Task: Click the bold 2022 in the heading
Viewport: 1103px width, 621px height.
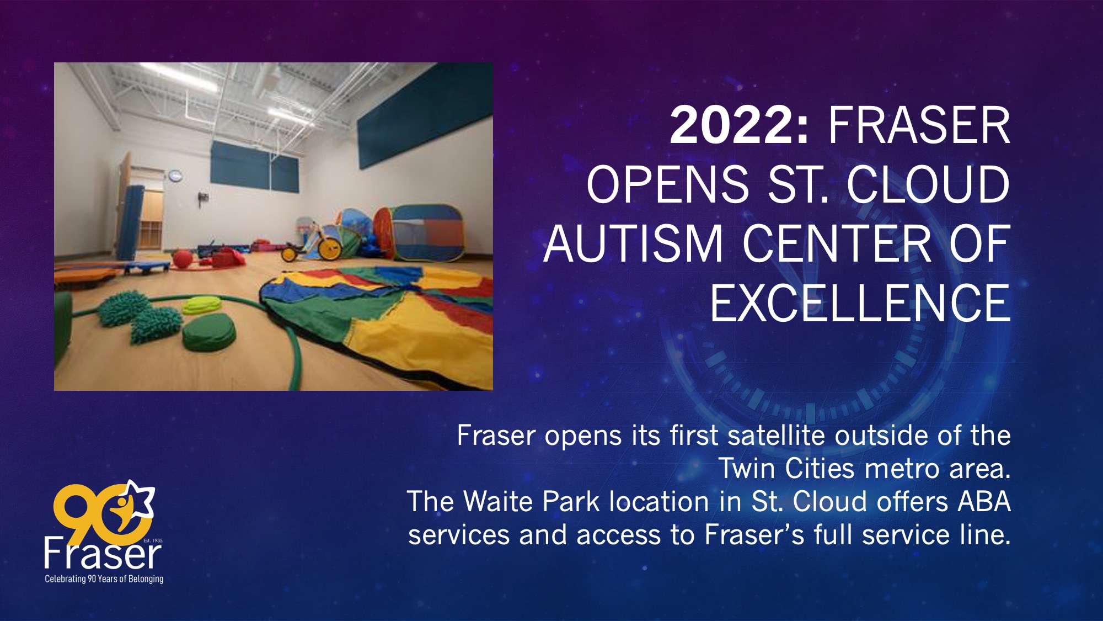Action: click(739, 125)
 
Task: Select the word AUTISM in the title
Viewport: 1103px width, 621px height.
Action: click(633, 243)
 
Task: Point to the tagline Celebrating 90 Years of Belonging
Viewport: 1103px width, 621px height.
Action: click(104, 579)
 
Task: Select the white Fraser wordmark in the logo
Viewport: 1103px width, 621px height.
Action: click(103, 553)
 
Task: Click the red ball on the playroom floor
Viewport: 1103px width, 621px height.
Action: click(182, 259)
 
